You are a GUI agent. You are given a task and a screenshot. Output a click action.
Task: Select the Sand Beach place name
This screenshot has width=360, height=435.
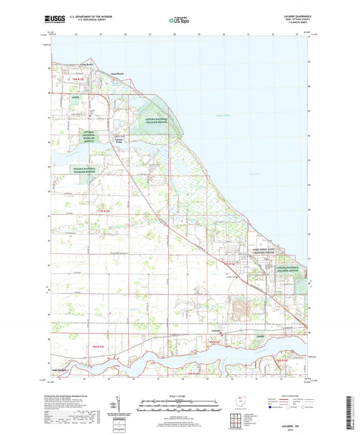coord(117,74)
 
